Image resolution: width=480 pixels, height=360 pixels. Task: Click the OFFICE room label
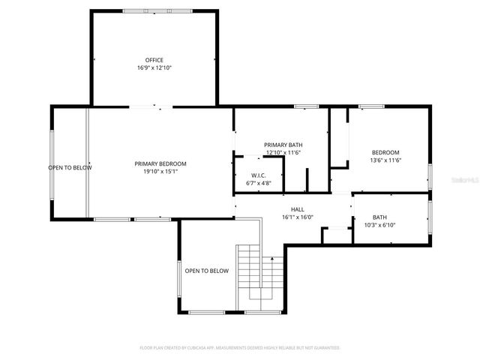[x=154, y=60]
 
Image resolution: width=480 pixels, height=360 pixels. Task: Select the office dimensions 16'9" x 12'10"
[x=154, y=67]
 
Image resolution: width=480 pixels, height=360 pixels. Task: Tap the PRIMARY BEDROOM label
[x=160, y=163]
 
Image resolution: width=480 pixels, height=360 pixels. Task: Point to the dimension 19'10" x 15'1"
[x=160, y=171]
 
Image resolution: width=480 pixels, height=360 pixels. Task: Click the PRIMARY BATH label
[x=283, y=145]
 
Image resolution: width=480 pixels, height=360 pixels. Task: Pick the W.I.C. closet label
[x=259, y=175]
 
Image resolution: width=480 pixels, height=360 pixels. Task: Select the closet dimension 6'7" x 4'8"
[x=259, y=183]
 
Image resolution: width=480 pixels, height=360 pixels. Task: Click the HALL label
[x=298, y=209]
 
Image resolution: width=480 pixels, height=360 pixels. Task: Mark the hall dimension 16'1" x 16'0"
[x=298, y=217]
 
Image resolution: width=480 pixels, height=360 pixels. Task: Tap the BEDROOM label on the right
[x=385, y=152]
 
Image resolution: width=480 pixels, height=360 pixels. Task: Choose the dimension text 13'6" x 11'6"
[x=385, y=160]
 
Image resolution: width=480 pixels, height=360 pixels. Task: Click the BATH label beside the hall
[x=379, y=217]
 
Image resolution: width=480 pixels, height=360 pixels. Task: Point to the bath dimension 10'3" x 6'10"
[x=379, y=225]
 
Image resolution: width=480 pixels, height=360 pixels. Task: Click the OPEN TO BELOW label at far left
[x=70, y=167]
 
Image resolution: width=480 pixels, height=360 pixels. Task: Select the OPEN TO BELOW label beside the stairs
[x=206, y=271]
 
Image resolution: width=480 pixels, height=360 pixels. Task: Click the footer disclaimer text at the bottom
[x=240, y=348]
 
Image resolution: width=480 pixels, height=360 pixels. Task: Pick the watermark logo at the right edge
[x=461, y=181]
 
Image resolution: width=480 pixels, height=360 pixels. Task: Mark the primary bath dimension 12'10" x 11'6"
[x=283, y=152]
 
